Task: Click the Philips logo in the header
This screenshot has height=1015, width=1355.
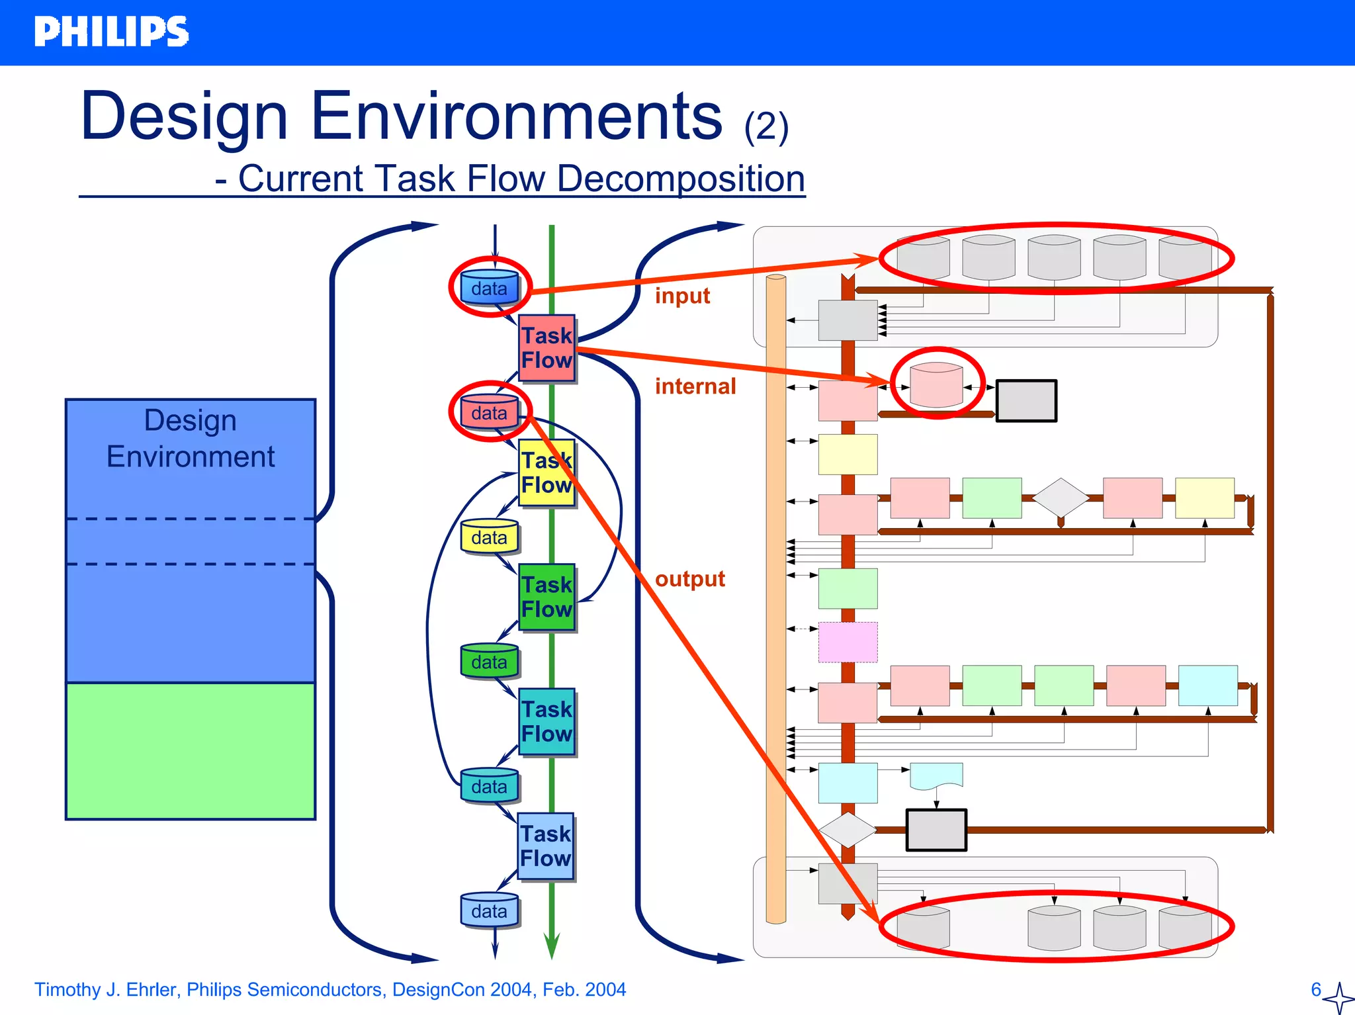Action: [x=111, y=32]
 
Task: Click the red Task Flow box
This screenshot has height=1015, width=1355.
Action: [x=546, y=348]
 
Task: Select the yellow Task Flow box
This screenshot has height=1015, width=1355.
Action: [x=546, y=472]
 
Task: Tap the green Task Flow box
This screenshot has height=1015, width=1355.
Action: [x=546, y=597]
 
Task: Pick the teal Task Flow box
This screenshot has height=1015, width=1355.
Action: [x=546, y=721]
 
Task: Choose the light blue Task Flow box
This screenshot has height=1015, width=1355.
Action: [x=546, y=846]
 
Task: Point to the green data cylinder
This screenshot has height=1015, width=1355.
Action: [x=489, y=661]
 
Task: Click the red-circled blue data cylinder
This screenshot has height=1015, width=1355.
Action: [x=489, y=288]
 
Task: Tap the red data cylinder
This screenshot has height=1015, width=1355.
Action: [x=489, y=412]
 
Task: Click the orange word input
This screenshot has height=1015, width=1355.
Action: [x=682, y=296]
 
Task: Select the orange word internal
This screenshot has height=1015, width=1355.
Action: [x=695, y=386]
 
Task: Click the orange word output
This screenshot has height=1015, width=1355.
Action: [x=689, y=579]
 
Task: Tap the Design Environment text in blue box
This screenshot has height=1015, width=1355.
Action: [x=191, y=439]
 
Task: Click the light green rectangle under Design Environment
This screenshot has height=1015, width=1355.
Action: [x=191, y=751]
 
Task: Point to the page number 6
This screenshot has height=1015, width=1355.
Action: [x=1316, y=990]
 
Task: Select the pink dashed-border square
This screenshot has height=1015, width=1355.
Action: [x=848, y=642]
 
